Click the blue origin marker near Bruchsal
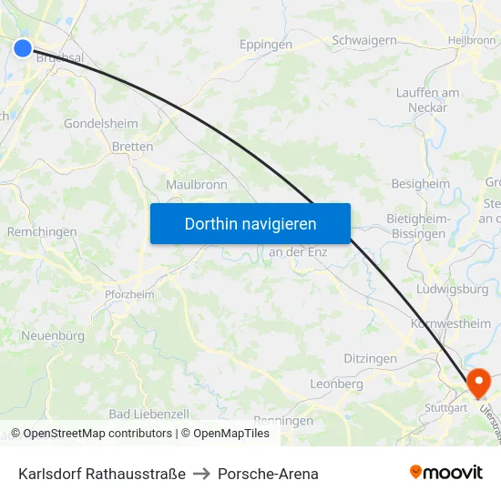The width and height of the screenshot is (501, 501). pyautogui.click(x=23, y=48)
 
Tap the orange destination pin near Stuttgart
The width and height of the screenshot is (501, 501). pyautogui.click(x=477, y=381)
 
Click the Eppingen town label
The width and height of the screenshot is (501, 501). pyautogui.click(x=266, y=44)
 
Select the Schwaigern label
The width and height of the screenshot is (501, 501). pyautogui.click(x=364, y=40)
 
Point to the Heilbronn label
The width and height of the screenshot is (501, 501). pyautogui.click(x=472, y=40)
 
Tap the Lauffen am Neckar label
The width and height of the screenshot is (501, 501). pyautogui.click(x=427, y=100)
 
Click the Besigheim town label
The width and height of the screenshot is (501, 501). pyautogui.click(x=421, y=183)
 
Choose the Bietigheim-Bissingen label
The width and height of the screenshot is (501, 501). pyautogui.click(x=419, y=227)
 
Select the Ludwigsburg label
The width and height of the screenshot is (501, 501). pyautogui.click(x=451, y=289)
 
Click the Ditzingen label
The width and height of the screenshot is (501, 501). pyautogui.click(x=370, y=359)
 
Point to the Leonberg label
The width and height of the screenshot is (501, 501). pyautogui.click(x=336, y=383)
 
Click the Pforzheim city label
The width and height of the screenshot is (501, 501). pyautogui.click(x=129, y=294)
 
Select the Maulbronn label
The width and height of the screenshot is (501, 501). pyautogui.click(x=197, y=184)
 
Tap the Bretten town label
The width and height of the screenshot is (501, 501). pyautogui.click(x=132, y=146)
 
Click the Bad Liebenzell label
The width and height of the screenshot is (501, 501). pyautogui.click(x=148, y=414)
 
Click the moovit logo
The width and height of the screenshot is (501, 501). pyautogui.click(x=446, y=473)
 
